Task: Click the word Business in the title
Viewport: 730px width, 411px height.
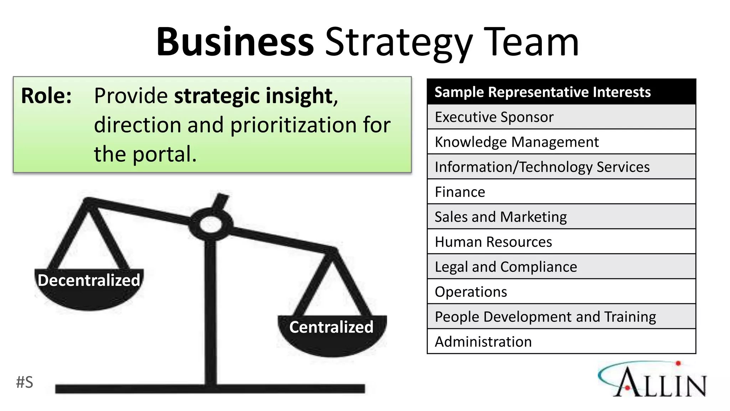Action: click(x=235, y=42)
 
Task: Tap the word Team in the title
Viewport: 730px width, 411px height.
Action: click(x=531, y=42)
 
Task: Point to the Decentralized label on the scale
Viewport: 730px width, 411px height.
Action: click(x=89, y=280)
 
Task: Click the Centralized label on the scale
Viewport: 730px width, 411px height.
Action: click(x=331, y=327)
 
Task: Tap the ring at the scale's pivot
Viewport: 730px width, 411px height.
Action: click(x=211, y=224)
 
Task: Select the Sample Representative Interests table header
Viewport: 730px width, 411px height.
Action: click(x=543, y=92)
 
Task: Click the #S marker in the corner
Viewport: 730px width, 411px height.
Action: click(x=25, y=382)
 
